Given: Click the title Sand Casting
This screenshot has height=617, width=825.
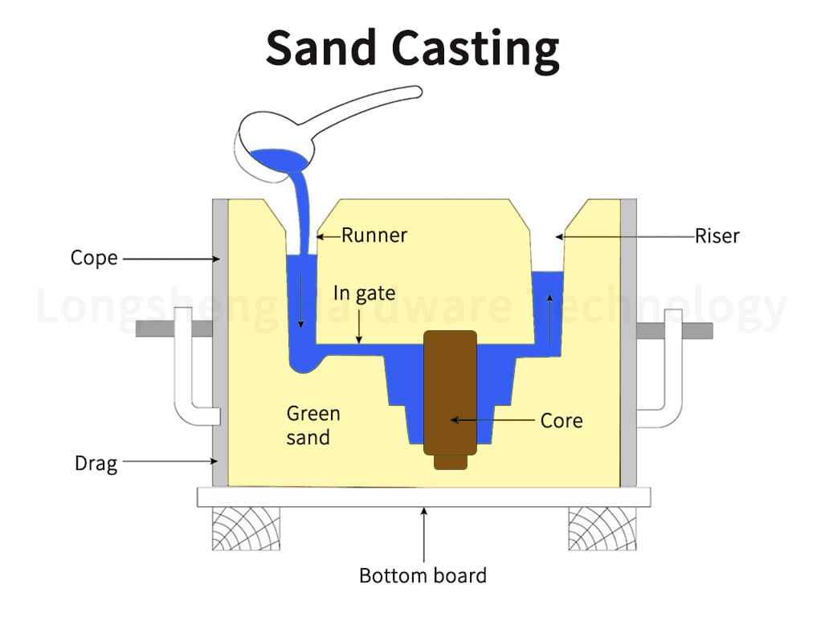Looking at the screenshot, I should click(x=412, y=48).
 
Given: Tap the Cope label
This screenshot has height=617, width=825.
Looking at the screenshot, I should click(x=94, y=258).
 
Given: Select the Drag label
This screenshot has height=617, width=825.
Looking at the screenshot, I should click(x=96, y=463).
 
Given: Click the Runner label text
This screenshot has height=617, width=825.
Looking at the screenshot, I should click(x=374, y=235).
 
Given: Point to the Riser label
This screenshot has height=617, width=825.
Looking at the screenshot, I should click(x=717, y=235).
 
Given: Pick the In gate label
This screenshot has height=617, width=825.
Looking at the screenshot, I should click(x=364, y=293).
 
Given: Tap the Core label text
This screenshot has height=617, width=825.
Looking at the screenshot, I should click(x=561, y=420).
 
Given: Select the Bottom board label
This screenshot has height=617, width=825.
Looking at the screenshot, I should click(x=423, y=575).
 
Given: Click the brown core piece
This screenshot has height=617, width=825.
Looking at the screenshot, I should click(x=451, y=394).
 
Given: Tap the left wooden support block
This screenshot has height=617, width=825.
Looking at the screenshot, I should click(x=246, y=529).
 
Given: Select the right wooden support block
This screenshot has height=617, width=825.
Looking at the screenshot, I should click(x=602, y=529).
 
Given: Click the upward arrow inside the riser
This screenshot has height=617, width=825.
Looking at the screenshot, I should click(x=550, y=318).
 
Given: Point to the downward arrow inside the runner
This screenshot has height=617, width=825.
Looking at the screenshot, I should click(x=300, y=301).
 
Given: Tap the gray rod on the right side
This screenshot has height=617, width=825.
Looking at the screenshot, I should click(x=697, y=330).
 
